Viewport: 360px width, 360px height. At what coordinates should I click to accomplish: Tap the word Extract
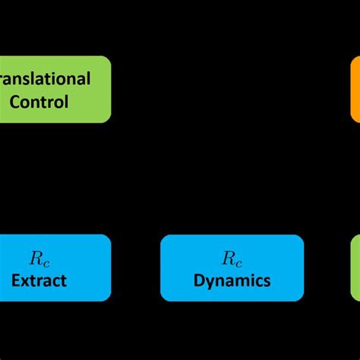(39, 280)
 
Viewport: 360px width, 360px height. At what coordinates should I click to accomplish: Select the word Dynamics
(232, 280)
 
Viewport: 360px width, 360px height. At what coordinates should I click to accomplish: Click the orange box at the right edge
(355, 89)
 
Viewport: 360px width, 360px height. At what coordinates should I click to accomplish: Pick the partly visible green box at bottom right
(355, 267)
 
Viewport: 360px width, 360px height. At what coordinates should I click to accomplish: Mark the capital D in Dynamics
(199, 280)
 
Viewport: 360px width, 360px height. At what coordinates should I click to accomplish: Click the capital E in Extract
(16, 280)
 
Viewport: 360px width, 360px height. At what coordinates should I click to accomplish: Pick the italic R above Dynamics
(228, 257)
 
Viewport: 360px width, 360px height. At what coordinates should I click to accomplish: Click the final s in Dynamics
(266, 281)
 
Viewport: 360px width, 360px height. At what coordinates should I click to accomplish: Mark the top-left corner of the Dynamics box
(162, 236)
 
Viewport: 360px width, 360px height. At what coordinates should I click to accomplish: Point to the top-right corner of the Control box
(109, 58)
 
